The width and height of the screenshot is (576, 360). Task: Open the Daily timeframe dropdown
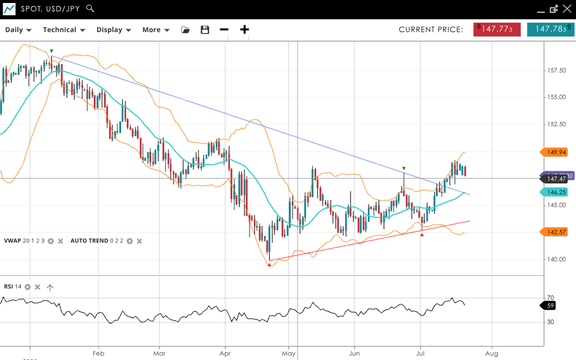pyautogui.click(x=18, y=29)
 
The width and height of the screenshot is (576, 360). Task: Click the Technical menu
pyautogui.click(x=64, y=29)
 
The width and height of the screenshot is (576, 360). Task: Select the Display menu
pyautogui.click(x=113, y=29)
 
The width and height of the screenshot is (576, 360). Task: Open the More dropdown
pyautogui.click(x=155, y=29)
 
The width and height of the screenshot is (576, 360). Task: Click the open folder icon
pyautogui.click(x=186, y=29)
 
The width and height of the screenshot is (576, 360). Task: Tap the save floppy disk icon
pyautogui.click(x=205, y=29)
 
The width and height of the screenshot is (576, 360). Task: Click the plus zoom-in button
pyautogui.click(x=244, y=29)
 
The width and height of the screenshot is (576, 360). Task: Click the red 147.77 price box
pyautogui.click(x=496, y=29)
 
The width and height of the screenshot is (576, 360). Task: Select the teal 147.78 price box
pyautogui.click(x=550, y=29)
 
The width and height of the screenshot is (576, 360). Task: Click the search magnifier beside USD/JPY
pyautogui.click(x=90, y=8)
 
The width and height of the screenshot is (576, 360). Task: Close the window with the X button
pyautogui.click(x=567, y=9)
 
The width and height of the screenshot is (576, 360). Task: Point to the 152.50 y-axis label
pyautogui.click(x=557, y=124)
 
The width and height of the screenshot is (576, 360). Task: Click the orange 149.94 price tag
pyautogui.click(x=555, y=152)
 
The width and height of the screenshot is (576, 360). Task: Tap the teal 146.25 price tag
pyautogui.click(x=555, y=192)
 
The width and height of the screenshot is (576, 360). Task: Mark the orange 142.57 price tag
pyautogui.click(x=555, y=232)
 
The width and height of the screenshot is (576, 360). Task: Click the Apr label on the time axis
pyautogui.click(x=224, y=354)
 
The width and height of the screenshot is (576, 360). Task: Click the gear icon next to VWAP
pyautogui.click(x=51, y=241)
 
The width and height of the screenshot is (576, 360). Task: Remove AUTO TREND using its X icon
pyautogui.click(x=139, y=241)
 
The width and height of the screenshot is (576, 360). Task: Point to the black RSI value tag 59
pyautogui.click(x=549, y=305)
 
